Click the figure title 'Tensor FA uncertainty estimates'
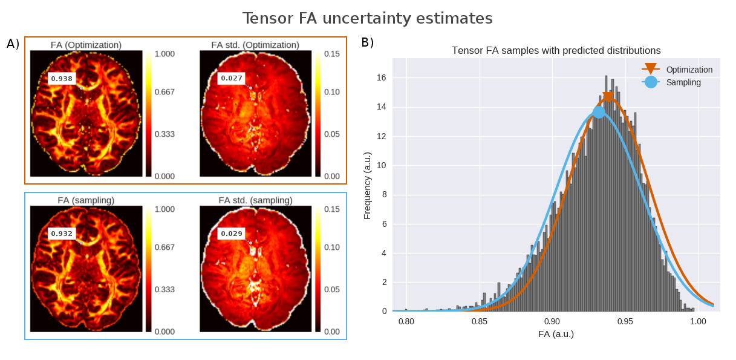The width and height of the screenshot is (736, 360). tap(367, 19)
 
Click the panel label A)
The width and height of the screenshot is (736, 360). tap(13, 44)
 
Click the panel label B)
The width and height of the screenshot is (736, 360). tap(368, 42)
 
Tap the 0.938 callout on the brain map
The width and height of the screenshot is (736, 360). tap(61, 79)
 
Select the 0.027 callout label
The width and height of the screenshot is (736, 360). tap(231, 79)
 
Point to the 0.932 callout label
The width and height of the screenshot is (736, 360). tap(61, 234)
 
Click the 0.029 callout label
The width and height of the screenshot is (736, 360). tap(231, 234)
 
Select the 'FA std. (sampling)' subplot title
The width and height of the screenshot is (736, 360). tap(255, 200)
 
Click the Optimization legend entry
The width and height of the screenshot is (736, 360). tap(689, 70)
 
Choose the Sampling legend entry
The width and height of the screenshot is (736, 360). tap(683, 82)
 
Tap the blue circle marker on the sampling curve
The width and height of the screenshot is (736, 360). tap(599, 112)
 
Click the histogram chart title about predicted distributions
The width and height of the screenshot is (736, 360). tap(556, 50)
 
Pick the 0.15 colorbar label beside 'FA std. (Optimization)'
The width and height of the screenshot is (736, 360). tap(332, 54)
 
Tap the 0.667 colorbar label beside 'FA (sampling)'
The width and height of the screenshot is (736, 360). tap(164, 247)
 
